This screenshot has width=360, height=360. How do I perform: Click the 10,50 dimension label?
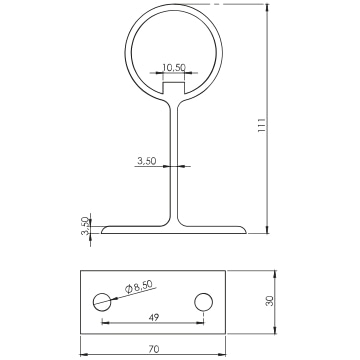(174, 67)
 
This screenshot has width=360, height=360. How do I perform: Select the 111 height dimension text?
(262, 125)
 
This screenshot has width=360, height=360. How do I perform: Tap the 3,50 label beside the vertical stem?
(147, 161)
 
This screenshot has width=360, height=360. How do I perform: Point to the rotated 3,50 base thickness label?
(85, 226)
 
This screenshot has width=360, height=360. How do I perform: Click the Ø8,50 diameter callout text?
(139, 286)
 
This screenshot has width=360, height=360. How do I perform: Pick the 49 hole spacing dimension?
(154, 317)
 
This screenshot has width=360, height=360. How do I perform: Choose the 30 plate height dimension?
(270, 301)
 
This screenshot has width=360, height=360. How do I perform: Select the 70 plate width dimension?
(154, 349)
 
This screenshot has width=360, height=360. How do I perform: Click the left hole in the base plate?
(102, 302)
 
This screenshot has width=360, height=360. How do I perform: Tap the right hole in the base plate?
(204, 302)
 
